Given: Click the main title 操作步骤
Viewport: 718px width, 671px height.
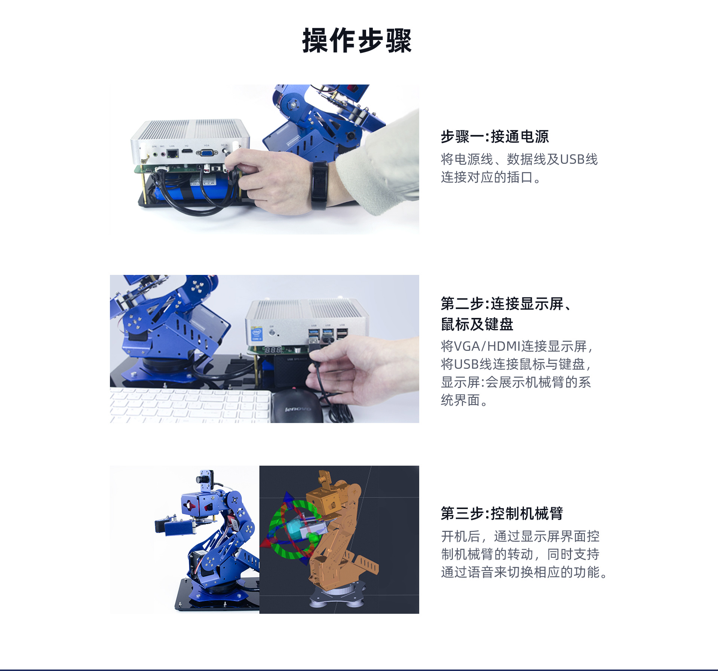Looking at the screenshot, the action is pyautogui.click(x=357, y=40).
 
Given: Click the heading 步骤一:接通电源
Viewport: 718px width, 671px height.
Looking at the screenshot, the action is pyautogui.click(x=494, y=137).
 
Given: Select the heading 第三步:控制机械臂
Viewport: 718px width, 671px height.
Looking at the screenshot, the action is pyautogui.click(x=502, y=513).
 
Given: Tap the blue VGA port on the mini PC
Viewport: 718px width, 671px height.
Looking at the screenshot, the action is pyautogui.click(x=207, y=153).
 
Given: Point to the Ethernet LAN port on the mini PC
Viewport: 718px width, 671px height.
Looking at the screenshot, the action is pyautogui.click(x=172, y=153).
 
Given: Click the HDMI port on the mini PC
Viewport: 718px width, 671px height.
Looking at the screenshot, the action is pyautogui.click(x=187, y=151).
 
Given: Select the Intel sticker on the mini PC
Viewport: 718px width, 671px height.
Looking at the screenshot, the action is pyautogui.click(x=257, y=334).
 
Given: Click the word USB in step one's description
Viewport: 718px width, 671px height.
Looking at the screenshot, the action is pyautogui.click(x=572, y=159).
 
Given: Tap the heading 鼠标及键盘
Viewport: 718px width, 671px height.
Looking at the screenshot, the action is pyautogui.click(x=477, y=324).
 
